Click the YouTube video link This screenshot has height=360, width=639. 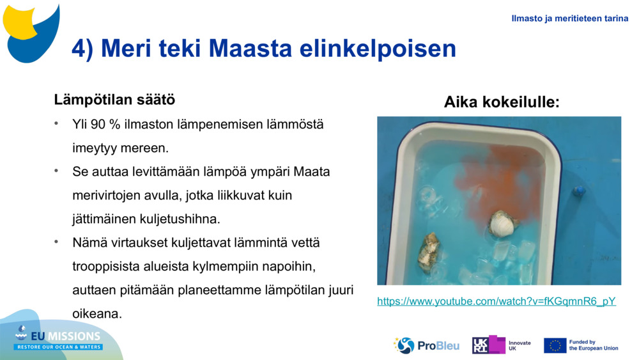(496, 301)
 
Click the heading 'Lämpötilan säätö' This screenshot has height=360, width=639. (114, 100)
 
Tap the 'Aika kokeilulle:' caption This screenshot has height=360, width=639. (502, 102)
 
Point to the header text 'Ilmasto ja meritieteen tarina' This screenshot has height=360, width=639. (569, 19)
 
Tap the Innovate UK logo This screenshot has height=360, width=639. (501, 345)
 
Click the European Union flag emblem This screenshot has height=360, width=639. (555, 345)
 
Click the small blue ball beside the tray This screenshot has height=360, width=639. (579, 191)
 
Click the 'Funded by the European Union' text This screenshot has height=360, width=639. (593, 345)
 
